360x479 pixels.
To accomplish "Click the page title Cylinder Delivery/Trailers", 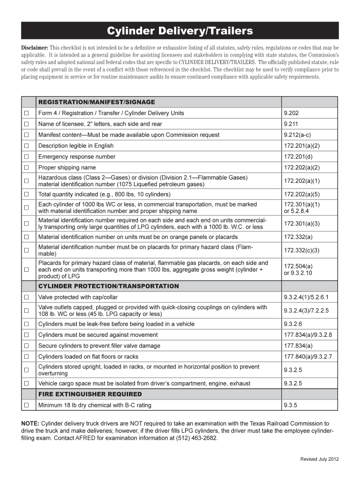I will point(180,31).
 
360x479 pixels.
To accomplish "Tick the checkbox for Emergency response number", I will point(27,157).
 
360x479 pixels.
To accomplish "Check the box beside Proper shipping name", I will point(27,167).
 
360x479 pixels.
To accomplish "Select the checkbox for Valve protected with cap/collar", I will point(27,297).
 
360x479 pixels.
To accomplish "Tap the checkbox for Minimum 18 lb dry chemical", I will point(27,405).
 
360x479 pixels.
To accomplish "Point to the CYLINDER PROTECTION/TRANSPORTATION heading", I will point(108,286).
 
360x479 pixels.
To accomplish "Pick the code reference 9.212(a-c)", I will point(296,135).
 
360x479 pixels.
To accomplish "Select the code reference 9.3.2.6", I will point(293,324).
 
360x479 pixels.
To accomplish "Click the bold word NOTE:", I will point(30,423).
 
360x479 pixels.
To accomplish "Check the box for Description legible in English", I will point(27,146).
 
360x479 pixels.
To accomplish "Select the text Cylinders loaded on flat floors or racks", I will point(88,357).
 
